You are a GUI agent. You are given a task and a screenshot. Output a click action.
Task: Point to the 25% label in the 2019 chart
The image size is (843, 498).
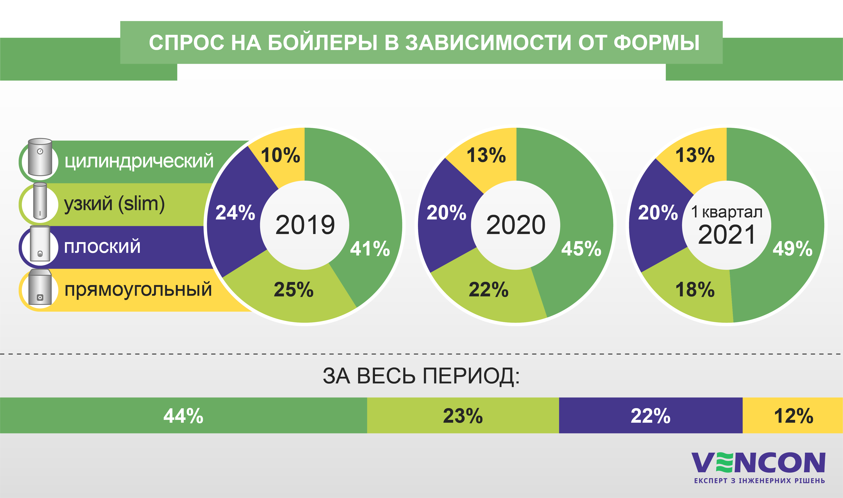[x=293, y=290]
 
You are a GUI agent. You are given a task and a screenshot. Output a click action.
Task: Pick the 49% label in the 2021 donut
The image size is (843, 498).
[x=792, y=249]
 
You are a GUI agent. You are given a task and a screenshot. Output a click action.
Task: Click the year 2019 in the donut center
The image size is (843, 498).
[x=305, y=225]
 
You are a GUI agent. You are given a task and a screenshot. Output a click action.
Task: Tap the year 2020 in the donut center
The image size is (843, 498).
[x=516, y=225]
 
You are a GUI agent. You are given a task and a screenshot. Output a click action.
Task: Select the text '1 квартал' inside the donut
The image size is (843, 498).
[x=726, y=212]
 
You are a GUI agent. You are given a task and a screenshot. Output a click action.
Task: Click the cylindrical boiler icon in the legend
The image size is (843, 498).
[x=40, y=157]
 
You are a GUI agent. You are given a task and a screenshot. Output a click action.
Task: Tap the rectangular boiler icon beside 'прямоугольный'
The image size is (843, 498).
[x=40, y=288]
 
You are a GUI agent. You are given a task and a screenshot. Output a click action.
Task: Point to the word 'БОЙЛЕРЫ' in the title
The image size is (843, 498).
[x=322, y=43]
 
